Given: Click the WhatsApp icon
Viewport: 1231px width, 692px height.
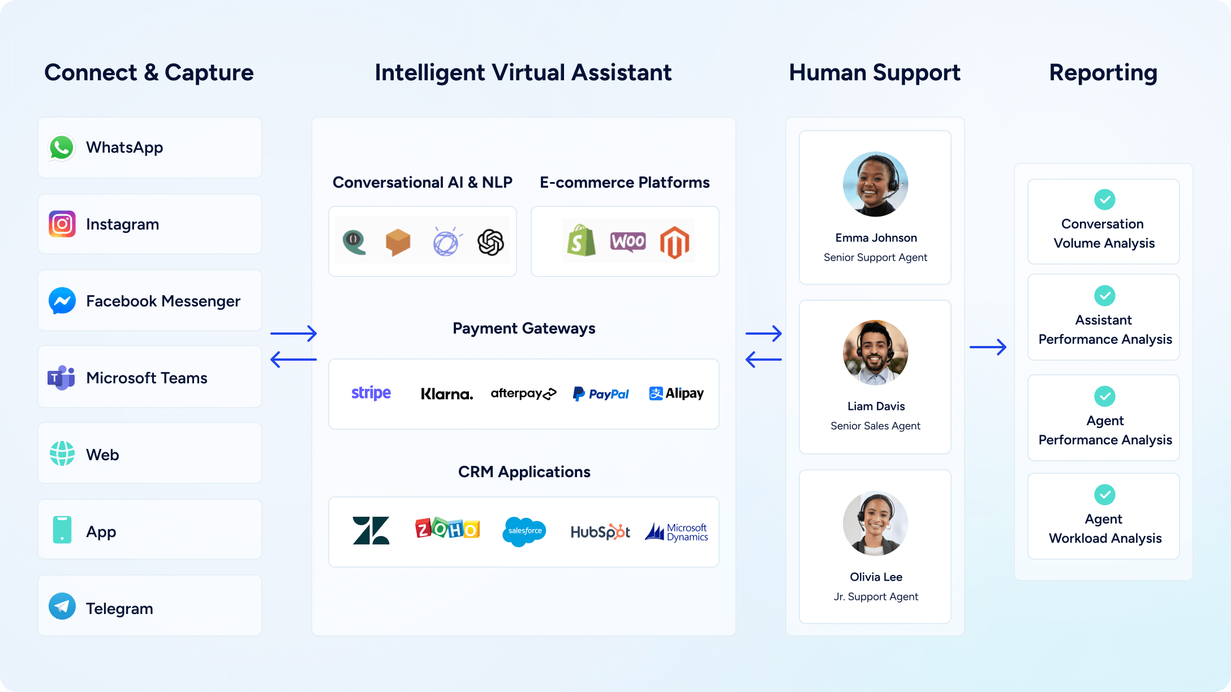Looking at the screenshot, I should (62, 148).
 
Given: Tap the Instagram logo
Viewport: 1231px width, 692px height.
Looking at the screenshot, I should (62, 224).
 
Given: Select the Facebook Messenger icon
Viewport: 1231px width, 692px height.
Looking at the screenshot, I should (62, 301).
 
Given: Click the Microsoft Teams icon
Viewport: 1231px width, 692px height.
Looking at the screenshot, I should (61, 378).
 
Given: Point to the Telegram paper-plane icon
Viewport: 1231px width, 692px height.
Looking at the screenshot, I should (62, 606).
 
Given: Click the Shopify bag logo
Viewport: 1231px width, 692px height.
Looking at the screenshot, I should (581, 241).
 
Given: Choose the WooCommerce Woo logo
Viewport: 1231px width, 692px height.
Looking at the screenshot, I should (628, 241).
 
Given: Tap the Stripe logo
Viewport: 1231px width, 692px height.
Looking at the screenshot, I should (371, 393).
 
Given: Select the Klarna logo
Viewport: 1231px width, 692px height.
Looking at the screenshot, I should (447, 394).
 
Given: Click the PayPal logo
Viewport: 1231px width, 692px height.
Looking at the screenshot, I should (601, 393).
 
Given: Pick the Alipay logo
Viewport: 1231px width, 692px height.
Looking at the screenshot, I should (677, 393).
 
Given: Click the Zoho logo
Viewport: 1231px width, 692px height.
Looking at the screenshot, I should (447, 529).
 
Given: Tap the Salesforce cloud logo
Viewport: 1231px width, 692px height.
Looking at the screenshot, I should (524, 531).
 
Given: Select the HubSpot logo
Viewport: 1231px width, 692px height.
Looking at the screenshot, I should (600, 531).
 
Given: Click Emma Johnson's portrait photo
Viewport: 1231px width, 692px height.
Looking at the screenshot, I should (875, 184).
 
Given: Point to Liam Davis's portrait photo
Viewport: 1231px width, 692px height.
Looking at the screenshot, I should (875, 353).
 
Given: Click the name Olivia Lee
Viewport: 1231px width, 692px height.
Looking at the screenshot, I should (876, 577).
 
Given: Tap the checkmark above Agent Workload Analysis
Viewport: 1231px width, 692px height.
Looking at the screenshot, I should (1104, 495).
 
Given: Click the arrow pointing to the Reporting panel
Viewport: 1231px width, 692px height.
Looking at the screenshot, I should (988, 347).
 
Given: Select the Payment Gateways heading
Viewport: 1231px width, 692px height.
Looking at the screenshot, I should (524, 328).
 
